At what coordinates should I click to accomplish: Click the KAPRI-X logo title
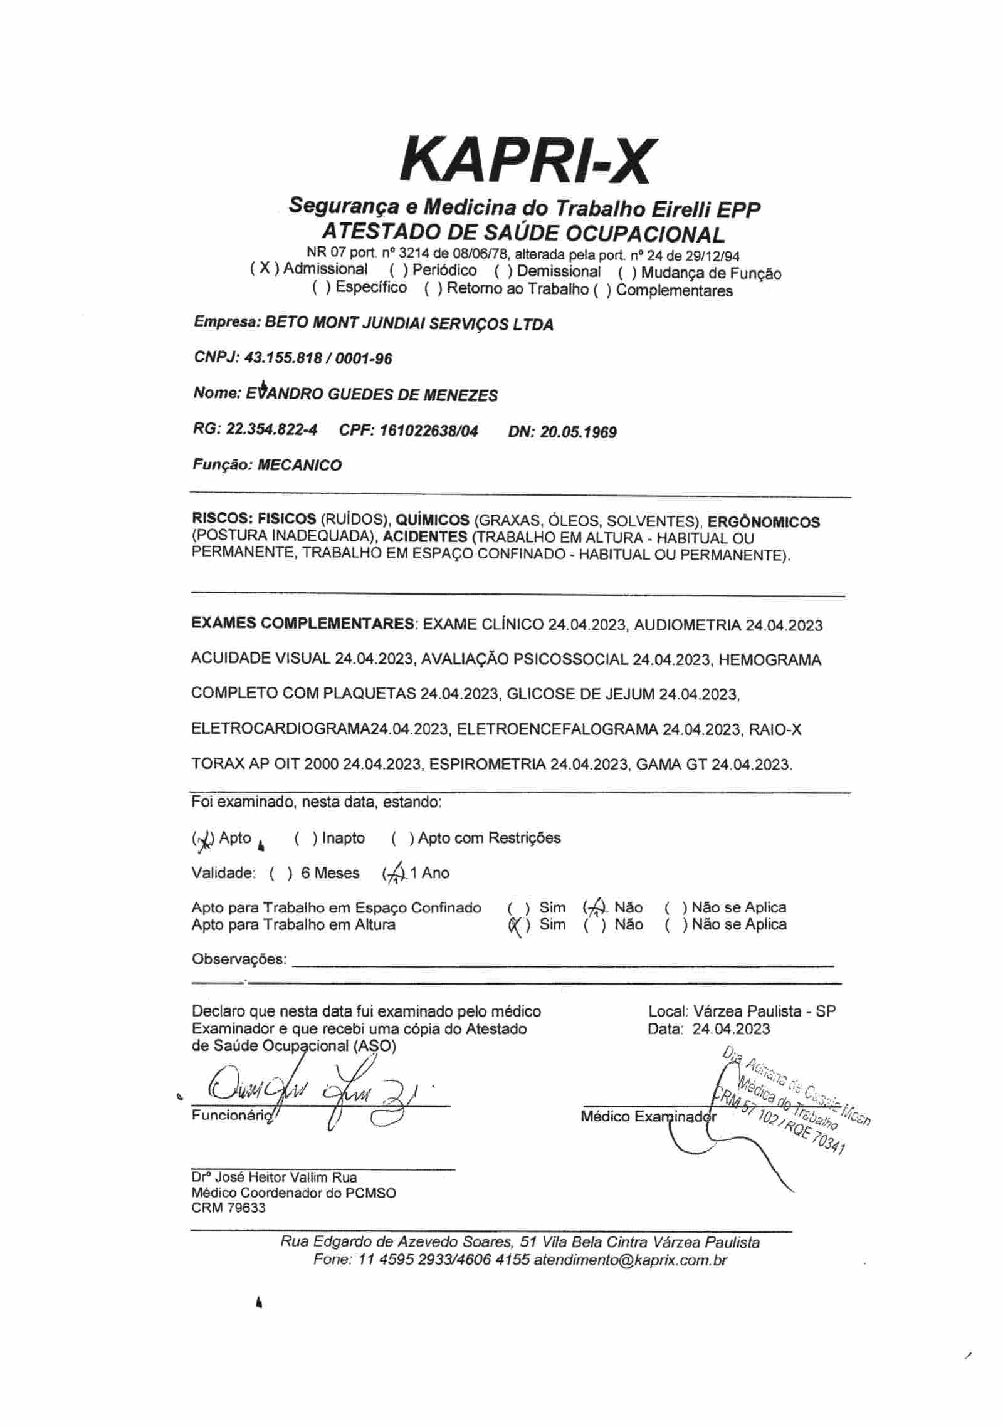(526, 159)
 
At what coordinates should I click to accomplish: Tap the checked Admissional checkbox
(265, 269)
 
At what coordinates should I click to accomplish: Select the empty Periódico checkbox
(399, 271)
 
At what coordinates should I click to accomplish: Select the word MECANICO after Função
(300, 465)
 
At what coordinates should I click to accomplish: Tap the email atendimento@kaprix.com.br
(630, 1260)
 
